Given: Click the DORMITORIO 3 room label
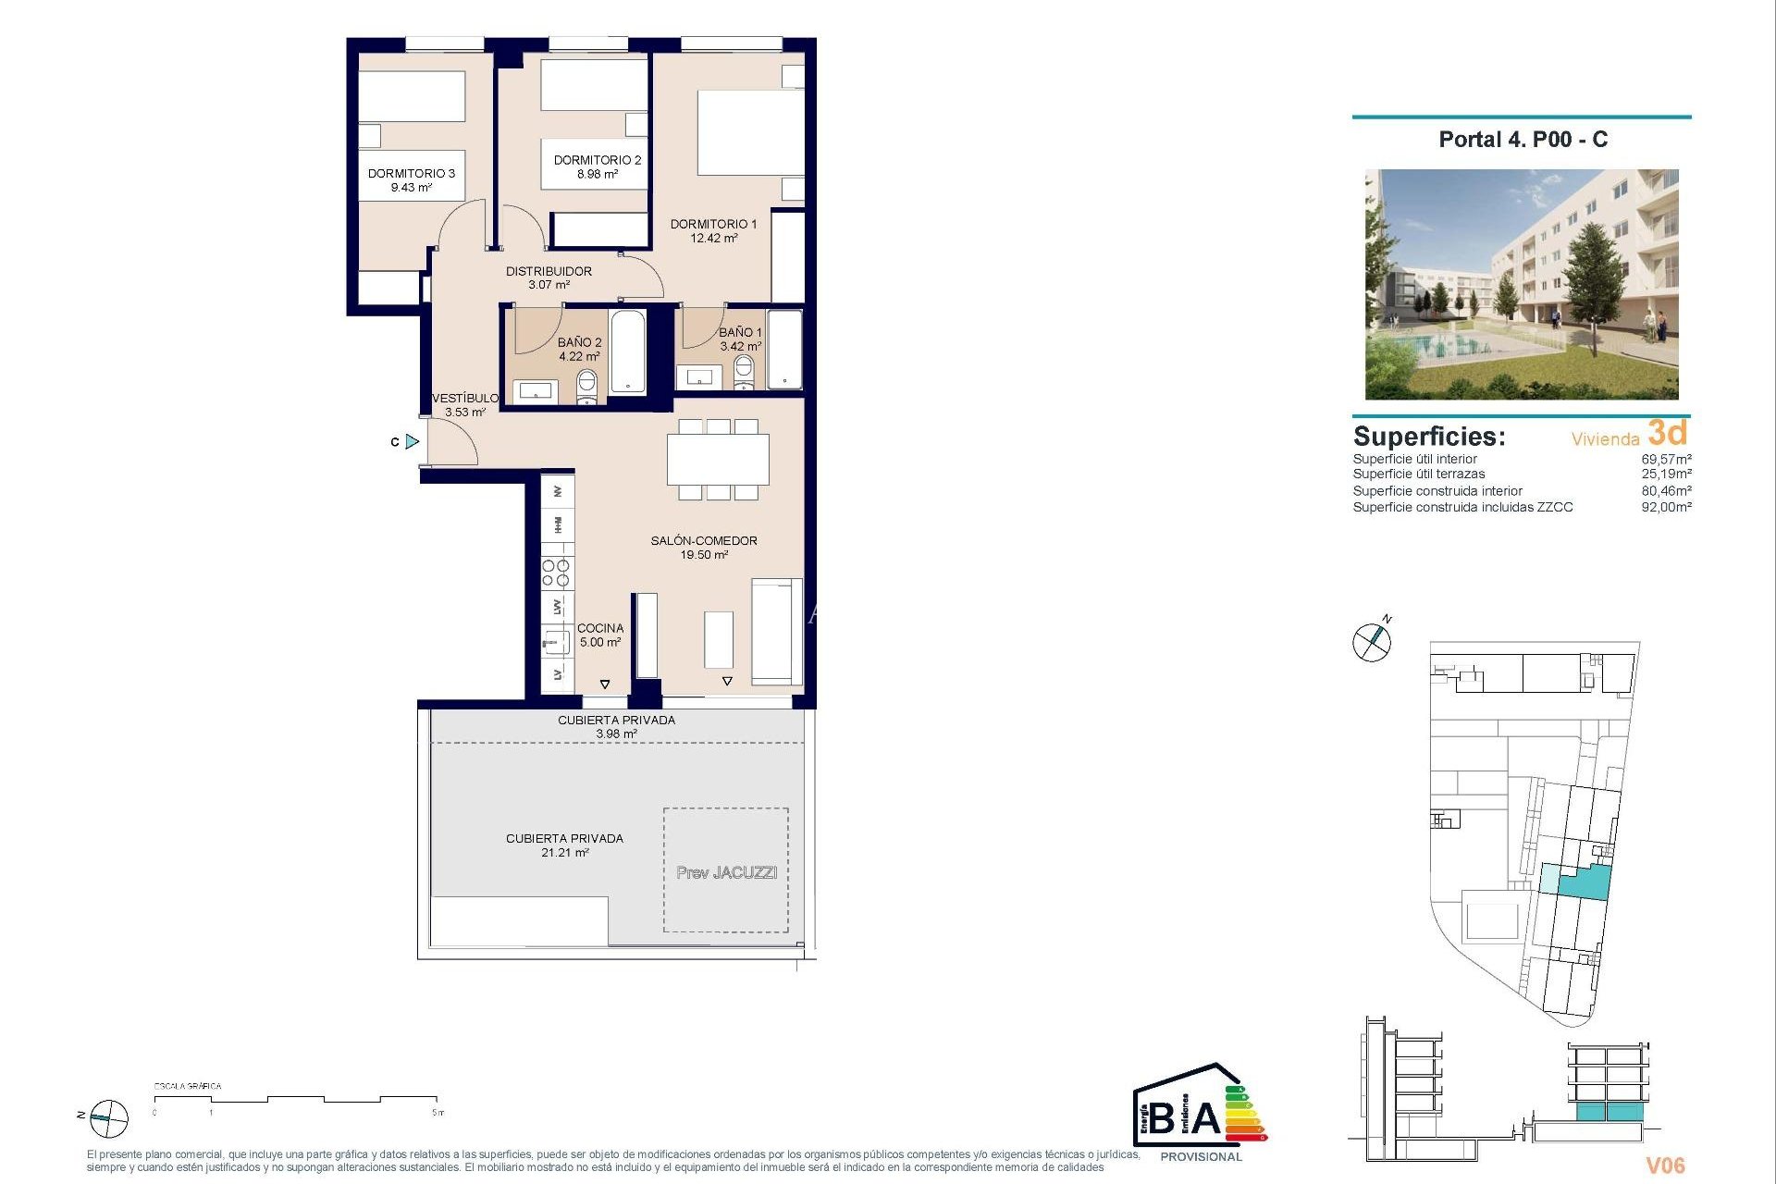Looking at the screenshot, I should [411, 173].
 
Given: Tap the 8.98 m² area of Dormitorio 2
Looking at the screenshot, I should [597, 174].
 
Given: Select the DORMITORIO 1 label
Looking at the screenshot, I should [713, 224].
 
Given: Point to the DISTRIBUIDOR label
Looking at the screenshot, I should [549, 271].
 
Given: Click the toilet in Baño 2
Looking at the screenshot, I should [586, 386].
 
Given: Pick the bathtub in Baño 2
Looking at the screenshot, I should [627, 352].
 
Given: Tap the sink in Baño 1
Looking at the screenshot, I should [699, 376].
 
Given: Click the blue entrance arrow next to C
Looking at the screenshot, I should [413, 442].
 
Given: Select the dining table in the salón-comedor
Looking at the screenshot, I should [718, 459].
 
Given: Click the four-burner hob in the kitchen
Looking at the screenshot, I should [556, 573].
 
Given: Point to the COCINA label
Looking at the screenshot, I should [600, 628].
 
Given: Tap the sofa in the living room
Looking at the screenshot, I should [776, 631].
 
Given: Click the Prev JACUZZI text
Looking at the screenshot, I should [726, 872].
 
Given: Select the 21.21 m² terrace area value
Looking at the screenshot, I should [564, 853].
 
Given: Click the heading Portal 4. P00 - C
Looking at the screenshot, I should [1523, 140].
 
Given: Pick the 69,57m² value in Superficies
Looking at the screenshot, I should [1666, 459].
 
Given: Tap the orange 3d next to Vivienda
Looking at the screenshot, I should [1667, 433].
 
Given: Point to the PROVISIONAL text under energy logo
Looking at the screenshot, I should [1201, 1157].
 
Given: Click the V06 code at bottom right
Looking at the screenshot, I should [1665, 1165].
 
